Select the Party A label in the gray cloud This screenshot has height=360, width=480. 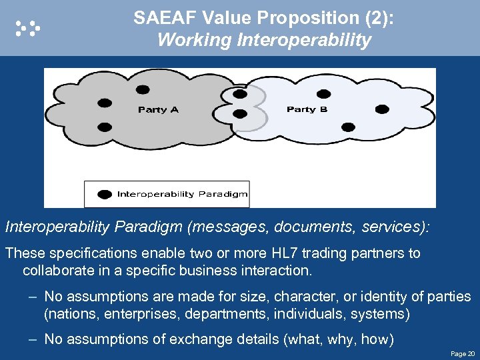point(158,109)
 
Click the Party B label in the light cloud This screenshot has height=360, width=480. point(307,109)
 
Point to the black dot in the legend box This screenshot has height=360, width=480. point(105,194)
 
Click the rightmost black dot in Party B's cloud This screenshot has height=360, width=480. point(381,109)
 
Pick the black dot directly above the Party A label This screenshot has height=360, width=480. point(143,89)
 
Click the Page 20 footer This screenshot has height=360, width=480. point(462,353)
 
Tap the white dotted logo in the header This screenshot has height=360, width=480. point(28,27)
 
